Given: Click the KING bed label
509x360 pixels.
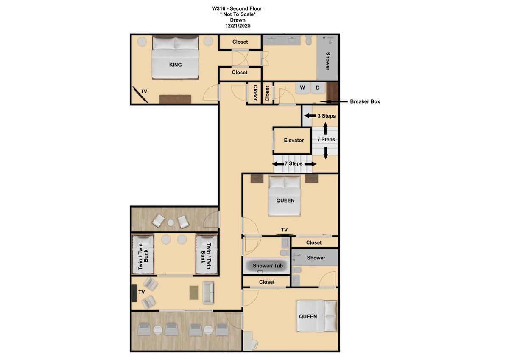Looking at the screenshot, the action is [x=175, y=65].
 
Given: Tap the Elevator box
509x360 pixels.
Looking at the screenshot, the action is [x=292, y=141].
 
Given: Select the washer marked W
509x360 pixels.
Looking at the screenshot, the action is [x=302, y=88].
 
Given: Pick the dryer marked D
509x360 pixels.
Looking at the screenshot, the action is [x=318, y=88].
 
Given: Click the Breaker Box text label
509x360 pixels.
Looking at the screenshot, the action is [x=365, y=101].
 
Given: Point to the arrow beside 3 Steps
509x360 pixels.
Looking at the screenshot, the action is [x=310, y=116].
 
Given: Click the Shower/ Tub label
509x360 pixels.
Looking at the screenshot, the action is [x=268, y=266].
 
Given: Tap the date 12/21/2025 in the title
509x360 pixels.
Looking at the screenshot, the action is [x=238, y=26].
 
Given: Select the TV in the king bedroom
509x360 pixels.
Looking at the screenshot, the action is [x=140, y=95].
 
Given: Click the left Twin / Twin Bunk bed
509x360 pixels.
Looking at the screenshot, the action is [x=143, y=254].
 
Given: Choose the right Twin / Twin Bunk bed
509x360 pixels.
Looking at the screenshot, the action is [x=207, y=254].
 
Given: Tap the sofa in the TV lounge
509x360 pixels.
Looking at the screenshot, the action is [x=208, y=292].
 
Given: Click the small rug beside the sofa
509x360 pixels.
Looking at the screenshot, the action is [x=194, y=292].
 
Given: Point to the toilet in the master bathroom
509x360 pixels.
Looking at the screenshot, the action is [x=308, y=40].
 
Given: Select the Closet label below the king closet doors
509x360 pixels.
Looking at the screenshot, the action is [x=240, y=73].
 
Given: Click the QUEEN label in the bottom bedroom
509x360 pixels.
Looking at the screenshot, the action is [x=308, y=317].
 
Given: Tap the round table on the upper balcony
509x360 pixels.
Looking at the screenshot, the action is [x=171, y=223].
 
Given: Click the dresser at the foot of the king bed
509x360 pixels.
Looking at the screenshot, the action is [x=175, y=99].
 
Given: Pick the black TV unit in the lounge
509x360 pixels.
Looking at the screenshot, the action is [x=134, y=293].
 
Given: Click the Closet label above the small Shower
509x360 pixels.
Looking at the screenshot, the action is [x=313, y=243].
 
